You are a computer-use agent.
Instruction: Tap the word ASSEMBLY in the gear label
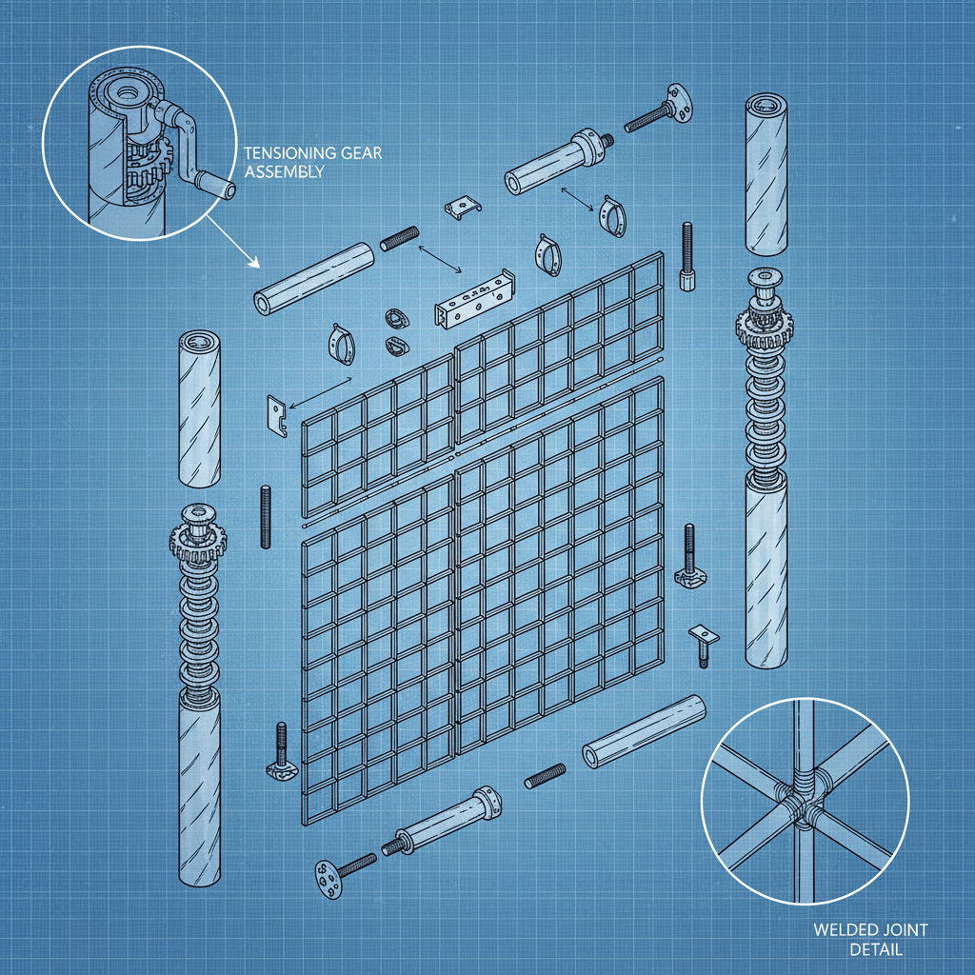coord(284,171)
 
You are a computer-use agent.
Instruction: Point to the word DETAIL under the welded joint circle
coord(875,949)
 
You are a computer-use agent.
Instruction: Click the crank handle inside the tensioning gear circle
coord(206,181)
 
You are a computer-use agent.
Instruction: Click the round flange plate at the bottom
coord(326,877)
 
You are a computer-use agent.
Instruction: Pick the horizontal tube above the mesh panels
coord(313,277)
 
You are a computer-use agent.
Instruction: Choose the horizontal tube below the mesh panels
coord(644,731)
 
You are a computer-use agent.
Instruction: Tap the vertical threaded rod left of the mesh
coord(264,515)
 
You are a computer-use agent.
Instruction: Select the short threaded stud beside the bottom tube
coord(545,776)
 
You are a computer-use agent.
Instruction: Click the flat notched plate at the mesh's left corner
coord(276,415)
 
